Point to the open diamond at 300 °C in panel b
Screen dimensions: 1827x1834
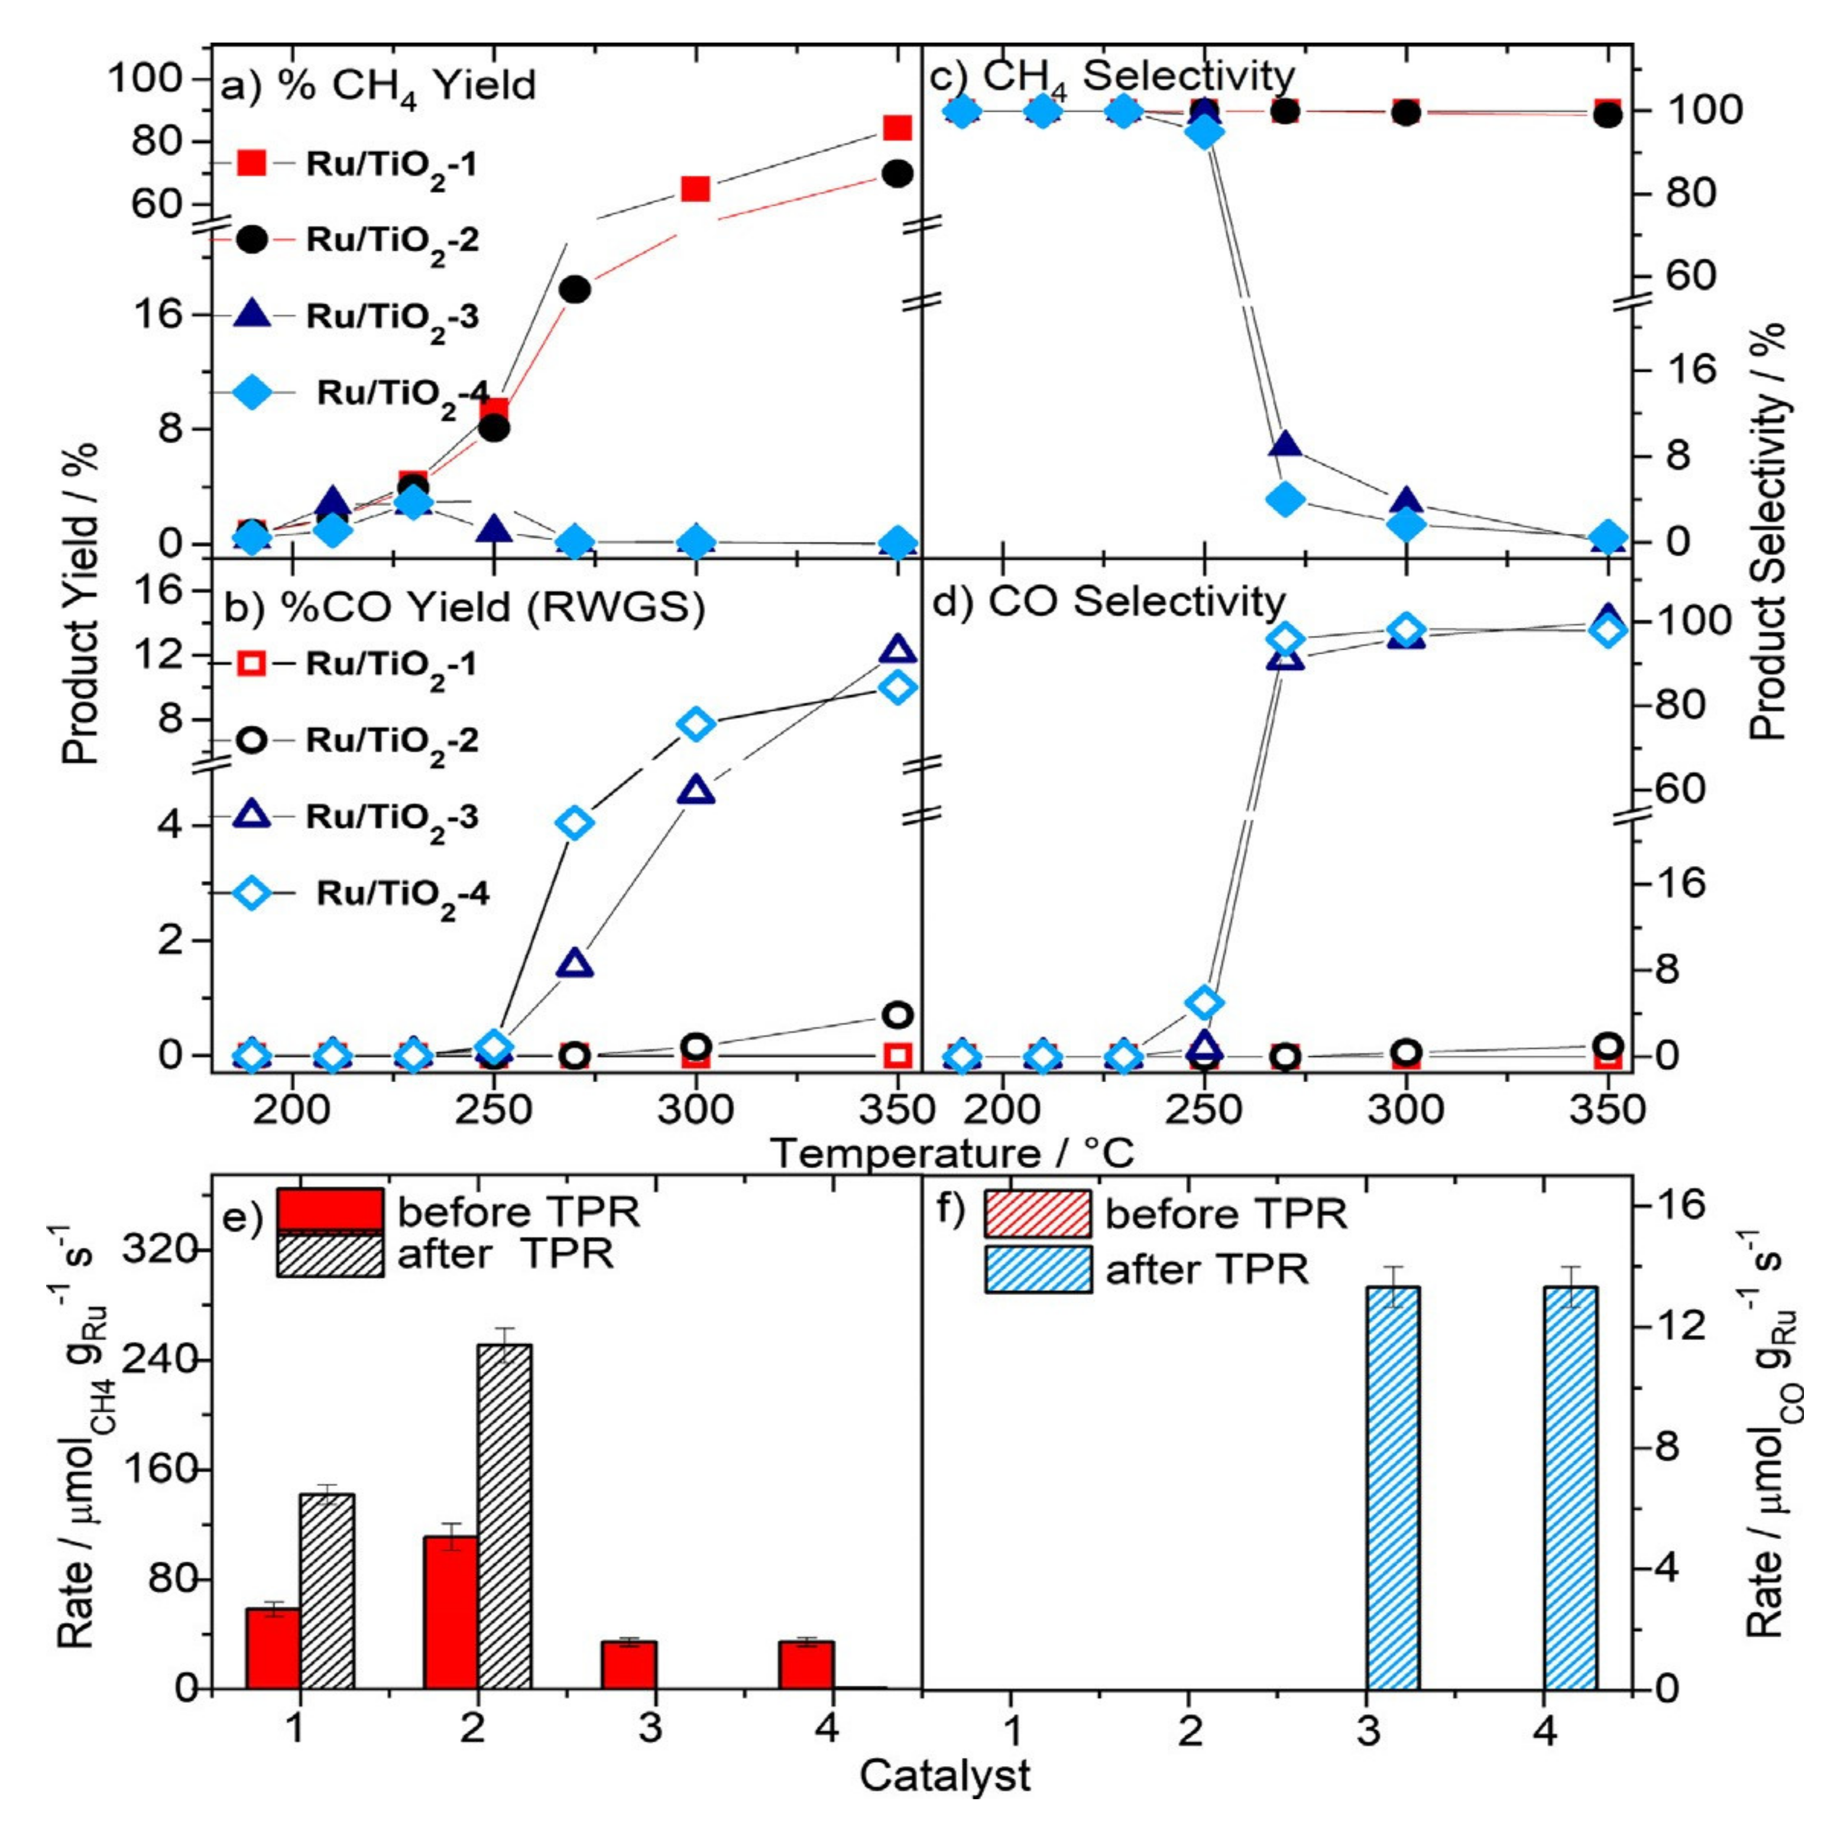pyautogui.click(x=696, y=724)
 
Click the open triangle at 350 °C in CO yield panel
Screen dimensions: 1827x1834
pyautogui.click(x=898, y=650)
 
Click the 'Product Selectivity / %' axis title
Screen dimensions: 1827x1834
pyautogui.click(x=1768, y=531)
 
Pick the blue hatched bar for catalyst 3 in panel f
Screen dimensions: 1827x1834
pyautogui.click(x=1392, y=1487)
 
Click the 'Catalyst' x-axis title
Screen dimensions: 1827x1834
pyautogui.click(x=945, y=1774)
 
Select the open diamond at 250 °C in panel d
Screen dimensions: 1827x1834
pyautogui.click(x=1204, y=1002)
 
